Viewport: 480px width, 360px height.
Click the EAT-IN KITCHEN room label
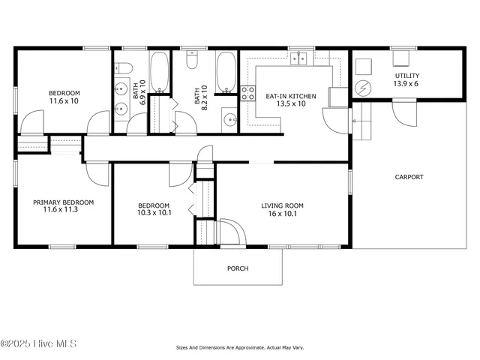[291, 96]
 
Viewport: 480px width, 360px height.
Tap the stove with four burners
[247, 93]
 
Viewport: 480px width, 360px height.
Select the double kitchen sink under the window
[301, 58]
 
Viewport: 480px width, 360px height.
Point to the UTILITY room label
[407, 76]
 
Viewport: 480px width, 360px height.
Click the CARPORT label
[409, 177]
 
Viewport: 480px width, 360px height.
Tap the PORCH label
[238, 268]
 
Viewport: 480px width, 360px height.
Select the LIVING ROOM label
[282, 205]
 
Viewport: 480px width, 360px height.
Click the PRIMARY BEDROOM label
[63, 202]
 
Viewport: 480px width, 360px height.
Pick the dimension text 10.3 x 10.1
[154, 213]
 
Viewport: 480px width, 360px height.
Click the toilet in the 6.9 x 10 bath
[124, 68]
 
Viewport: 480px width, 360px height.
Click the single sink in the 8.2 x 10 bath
[229, 118]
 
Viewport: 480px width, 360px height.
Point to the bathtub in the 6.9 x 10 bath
[159, 72]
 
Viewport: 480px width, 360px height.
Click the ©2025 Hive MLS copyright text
[38, 344]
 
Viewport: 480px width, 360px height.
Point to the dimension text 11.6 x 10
[64, 100]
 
